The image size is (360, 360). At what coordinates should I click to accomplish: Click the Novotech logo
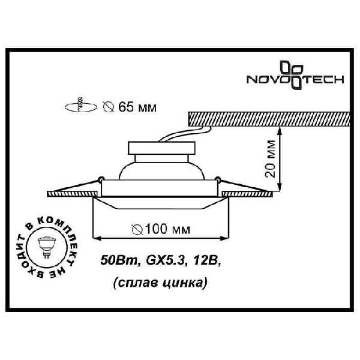[295, 75]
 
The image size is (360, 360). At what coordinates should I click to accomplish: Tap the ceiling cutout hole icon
[81, 106]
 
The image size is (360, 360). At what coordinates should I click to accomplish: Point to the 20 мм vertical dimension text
[270, 158]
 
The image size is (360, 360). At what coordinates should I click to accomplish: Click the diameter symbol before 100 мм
[137, 229]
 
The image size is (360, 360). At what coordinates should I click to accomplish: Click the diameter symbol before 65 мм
[109, 107]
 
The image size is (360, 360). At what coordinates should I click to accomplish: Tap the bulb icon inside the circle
[47, 247]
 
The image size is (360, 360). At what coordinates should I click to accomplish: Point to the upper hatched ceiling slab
[269, 119]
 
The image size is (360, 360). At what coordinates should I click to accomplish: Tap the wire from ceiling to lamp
[186, 134]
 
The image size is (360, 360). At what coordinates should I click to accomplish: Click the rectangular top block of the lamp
[161, 148]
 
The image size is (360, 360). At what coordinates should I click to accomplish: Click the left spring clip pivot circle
[101, 179]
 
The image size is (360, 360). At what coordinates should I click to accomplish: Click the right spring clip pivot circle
[217, 179]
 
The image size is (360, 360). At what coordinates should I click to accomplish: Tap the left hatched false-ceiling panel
[73, 194]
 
